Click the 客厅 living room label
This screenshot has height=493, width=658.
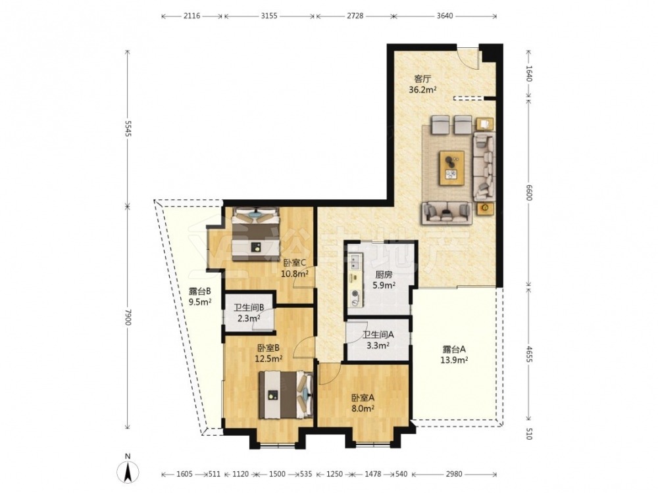click(x=422, y=79)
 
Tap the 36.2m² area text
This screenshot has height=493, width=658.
click(x=423, y=89)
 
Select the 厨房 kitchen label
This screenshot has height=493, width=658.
click(x=384, y=275)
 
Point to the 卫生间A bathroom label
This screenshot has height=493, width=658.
click(x=378, y=335)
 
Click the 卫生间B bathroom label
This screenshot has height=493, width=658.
click(x=249, y=307)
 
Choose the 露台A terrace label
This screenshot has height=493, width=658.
click(x=454, y=349)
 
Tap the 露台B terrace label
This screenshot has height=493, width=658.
click(x=199, y=291)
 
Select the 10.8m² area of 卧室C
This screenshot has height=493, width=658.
click(x=295, y=273)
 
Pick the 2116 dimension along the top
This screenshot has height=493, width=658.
click(x=191, y=16)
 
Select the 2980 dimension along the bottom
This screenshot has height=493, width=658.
click(x=453, y=474)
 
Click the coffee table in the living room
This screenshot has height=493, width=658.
click(x=451, y=168)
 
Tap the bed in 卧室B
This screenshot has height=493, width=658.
click(x=286, y=394)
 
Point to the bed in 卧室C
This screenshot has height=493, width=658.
click(x=255, y=233)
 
